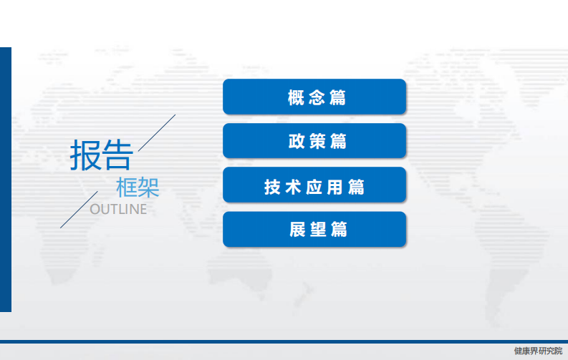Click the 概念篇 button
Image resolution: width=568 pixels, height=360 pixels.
coord(314,97)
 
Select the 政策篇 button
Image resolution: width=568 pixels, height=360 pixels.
coord(314,141)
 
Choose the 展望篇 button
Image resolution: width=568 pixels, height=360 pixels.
coord(314,229)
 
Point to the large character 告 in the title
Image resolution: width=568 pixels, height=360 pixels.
coord(117,155)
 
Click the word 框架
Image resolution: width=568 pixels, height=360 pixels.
coord(138,188)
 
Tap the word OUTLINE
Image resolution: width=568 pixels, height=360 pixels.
coord(118,210)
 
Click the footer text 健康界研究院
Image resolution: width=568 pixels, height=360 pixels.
coord(538,351)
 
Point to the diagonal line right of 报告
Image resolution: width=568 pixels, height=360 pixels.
coord(157,132)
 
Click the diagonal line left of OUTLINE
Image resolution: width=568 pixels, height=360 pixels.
coord(79,209)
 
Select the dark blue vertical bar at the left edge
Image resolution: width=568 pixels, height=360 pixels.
coord(5,179)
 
